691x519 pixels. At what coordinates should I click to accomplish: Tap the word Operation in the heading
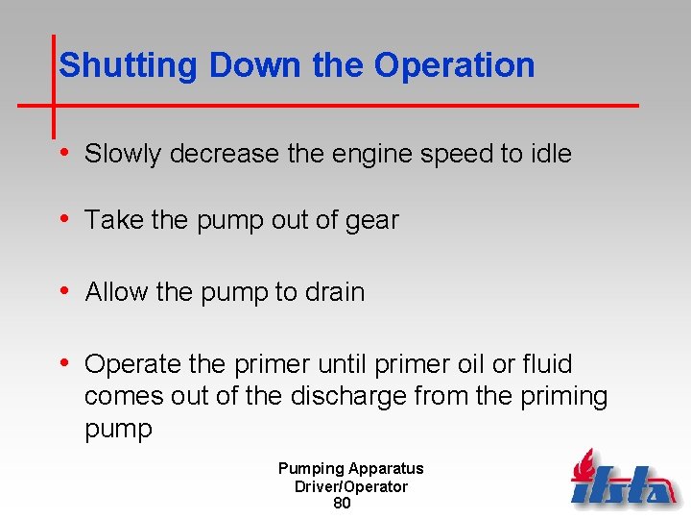[x=454, y=65]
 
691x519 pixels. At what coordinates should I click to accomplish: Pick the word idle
[x=551, y=154]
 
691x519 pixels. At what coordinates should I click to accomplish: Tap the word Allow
[x=114, y=292]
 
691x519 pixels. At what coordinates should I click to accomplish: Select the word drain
[x=336, y=292]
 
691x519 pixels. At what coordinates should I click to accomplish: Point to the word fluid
[x=548, y=364]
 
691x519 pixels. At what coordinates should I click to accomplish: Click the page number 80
[x=342, y=503]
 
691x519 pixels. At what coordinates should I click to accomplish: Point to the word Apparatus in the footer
[x=386, y=469]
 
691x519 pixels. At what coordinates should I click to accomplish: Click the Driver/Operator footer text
[x=350, y=486]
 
